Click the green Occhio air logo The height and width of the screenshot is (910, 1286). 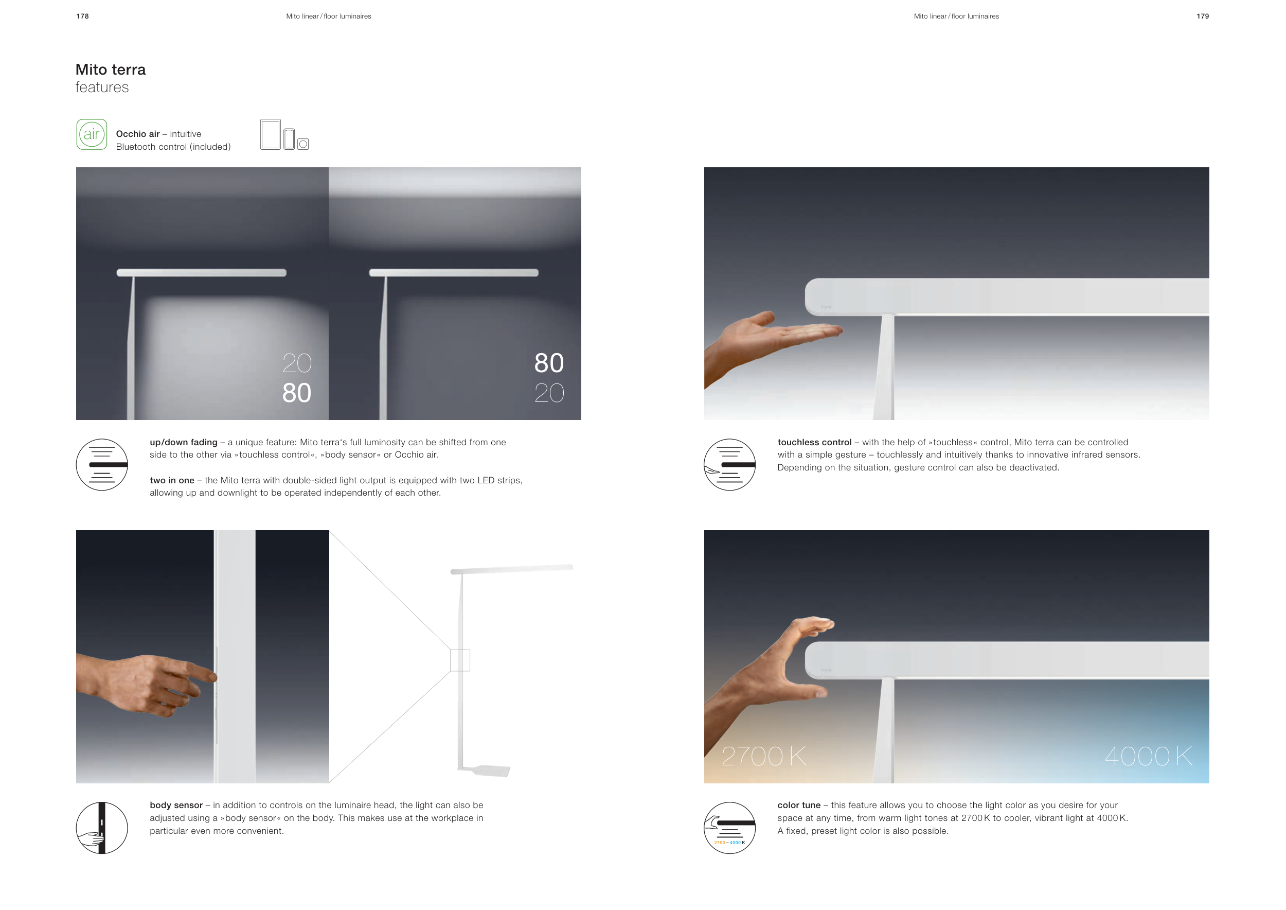click(92, 134)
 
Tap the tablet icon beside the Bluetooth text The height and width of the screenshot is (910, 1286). click(271, 134)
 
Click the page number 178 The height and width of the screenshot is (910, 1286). click(82, 16)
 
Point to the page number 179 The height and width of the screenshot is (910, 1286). click(1203, 16)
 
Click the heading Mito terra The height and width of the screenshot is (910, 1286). click(111, 69)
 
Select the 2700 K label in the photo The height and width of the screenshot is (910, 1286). click(764, 757)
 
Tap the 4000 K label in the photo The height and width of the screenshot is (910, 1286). click(1149, 757)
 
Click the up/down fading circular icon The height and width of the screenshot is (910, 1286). click(102, 465)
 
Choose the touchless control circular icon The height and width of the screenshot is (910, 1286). click(730, 465)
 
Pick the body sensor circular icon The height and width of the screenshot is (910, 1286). click(102, 828)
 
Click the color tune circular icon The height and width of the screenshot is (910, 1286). click(730, 828)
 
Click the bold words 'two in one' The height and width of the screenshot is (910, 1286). click(172, 480)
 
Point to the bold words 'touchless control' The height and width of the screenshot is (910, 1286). click(814, 442)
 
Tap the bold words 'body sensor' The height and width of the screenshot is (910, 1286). click(176, 805)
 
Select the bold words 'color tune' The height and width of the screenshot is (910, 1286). click(799, 805)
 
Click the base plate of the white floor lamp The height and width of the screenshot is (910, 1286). click(485, 771)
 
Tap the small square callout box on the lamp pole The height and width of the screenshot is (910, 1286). click(460, 660)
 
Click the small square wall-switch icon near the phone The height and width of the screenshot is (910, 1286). click(303, 144)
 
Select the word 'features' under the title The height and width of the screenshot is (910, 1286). click(102, 87)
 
